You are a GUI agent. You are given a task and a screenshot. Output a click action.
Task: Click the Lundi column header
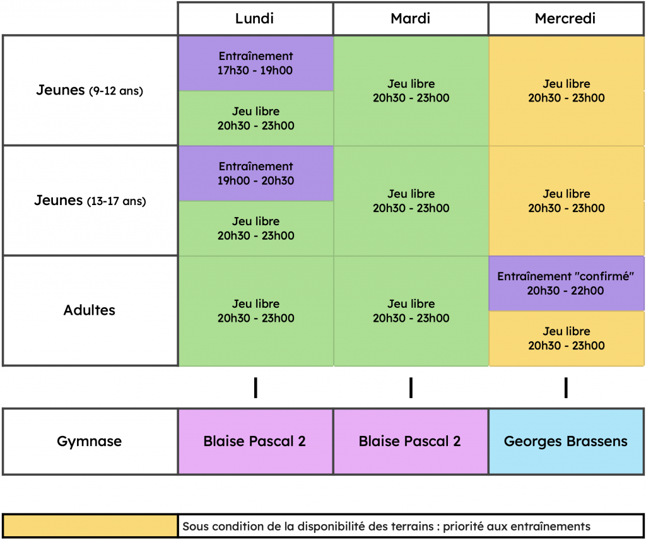tap(255, 18)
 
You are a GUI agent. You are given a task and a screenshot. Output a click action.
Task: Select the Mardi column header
tap(411, 18)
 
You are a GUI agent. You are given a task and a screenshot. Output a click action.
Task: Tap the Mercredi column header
tap(566, 18)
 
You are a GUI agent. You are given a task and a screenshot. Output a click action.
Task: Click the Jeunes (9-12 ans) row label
tap(90, 90)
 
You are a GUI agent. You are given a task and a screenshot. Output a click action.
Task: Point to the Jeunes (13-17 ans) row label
tap(90, 201)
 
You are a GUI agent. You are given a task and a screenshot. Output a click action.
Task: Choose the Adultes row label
tap(90, 310)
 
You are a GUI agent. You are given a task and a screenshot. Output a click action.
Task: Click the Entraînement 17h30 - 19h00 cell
tap(256, 64)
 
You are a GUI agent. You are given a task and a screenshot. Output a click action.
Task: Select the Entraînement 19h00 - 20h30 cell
tap(256, 173)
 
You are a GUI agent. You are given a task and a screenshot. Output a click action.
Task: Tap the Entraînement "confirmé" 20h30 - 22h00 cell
tap(567, 283)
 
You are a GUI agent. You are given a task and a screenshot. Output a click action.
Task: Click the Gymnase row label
tap(90, 442)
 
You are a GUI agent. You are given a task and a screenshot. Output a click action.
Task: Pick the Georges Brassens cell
tap(566, 442)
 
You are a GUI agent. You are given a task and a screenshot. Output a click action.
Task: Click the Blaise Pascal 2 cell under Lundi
tap(255, 442)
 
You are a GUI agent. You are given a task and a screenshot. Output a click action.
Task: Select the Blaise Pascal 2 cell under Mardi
tap(411, 442)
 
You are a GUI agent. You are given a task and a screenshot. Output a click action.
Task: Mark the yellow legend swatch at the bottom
tap(90, 526)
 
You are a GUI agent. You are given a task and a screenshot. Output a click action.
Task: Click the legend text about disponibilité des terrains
tap(387, 526)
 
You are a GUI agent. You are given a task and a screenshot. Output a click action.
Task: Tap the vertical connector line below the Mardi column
tap(411, 387)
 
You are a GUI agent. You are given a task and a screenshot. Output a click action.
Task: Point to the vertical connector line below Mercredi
tap(566, 387)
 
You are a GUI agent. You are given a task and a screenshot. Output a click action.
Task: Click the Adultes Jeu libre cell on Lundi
tap(256, 311)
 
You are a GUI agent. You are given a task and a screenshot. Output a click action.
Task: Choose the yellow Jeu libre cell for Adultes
tap(567, 339)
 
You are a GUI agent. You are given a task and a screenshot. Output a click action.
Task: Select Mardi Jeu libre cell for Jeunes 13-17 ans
tap(411, 201)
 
